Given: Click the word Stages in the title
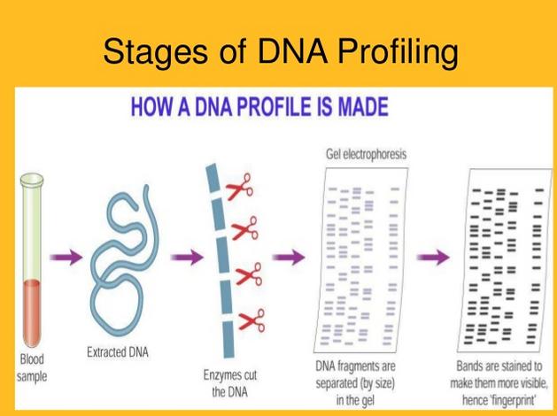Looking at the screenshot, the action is [x=155, y=51].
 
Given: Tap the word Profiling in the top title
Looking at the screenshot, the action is [x=398, y=52].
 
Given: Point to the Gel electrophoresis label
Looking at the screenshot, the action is [x=367, y=154].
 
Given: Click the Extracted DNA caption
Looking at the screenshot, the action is [x=118, y=352].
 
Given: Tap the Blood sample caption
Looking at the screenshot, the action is [x=32, y=367].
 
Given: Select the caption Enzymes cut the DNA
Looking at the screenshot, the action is [x=230, y=383].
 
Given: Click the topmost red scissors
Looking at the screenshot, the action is [x=240, y=187].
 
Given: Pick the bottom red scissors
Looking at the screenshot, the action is [x=251, y=320].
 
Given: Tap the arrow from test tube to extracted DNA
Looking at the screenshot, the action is [x=66, y=257].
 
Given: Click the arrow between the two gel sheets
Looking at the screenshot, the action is [x=433, y=257].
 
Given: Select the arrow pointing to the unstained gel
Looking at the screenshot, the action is [x=289, y=257].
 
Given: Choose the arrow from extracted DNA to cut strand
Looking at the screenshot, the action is [x=187, y=257].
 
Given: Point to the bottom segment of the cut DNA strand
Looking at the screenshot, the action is [x=228, y=339].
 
